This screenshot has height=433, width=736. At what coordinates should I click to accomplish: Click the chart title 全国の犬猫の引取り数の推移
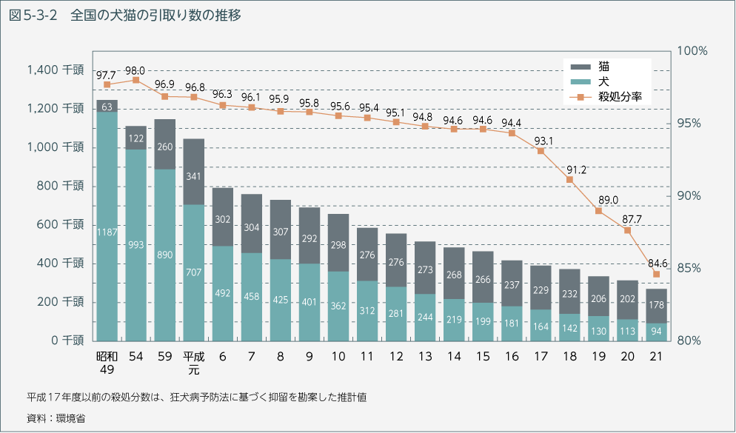pos(155,15)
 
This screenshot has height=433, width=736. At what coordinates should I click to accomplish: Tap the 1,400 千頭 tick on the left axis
pos(55,70)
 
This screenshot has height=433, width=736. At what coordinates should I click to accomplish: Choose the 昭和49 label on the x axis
pos(107,363)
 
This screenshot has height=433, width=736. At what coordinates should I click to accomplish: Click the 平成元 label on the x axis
pos(194,363)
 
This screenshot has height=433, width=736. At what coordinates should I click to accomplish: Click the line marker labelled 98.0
pos(136,80)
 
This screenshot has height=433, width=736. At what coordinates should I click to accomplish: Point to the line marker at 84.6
pos(657,275)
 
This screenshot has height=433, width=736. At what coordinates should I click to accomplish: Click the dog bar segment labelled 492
pos(223,293)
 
